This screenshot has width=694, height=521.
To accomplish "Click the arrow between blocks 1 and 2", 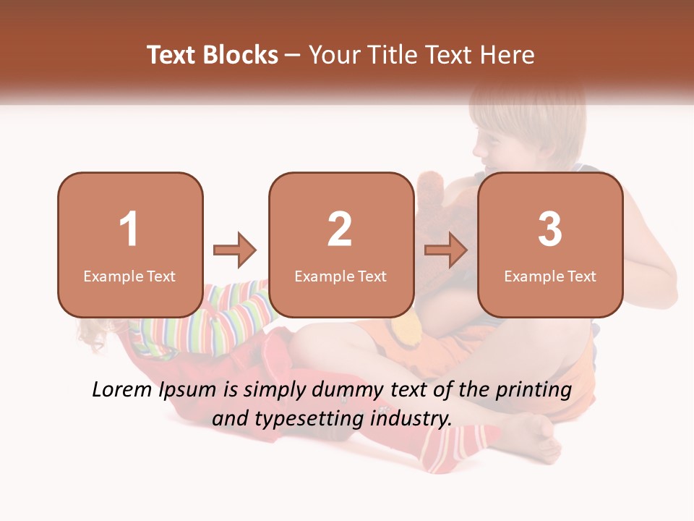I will (x=235, y=250).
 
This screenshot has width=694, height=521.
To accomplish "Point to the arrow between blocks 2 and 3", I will (x=446, y=250).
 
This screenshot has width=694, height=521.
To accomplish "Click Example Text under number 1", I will (x=129, y=276).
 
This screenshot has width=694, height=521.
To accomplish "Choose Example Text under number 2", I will (x=340, y=276).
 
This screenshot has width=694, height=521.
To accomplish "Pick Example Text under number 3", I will (x=550, y=276).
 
